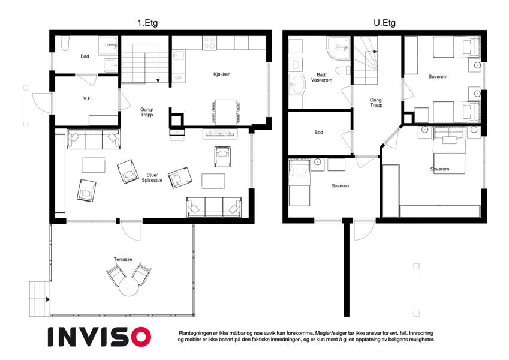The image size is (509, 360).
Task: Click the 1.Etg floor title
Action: click(147, 23)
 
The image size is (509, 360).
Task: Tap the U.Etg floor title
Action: click(384, 23)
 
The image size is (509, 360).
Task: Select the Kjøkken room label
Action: click(222, 74)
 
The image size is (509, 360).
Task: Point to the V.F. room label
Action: click(88, 98)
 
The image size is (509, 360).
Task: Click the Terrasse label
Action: click(123, 259)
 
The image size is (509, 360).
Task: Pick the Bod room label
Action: click(318, 132)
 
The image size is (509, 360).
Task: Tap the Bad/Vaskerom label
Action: click(321, 77)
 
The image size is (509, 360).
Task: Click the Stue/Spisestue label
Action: click(152, 178)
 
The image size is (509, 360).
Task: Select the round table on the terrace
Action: click(129, 286)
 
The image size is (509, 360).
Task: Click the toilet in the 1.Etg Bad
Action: click(65, 44)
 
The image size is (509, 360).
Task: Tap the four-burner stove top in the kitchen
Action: click(209, 43)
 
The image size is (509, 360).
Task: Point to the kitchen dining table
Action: click(225, 112)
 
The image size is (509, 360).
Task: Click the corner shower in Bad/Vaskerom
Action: click(338, 48)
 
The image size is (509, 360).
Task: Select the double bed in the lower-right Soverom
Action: click(449, 151)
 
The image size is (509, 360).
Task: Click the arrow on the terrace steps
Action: click(48, 299)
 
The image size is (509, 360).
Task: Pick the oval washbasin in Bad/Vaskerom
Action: click(297, 84)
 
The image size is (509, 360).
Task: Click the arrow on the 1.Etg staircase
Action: click(158, 80)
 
